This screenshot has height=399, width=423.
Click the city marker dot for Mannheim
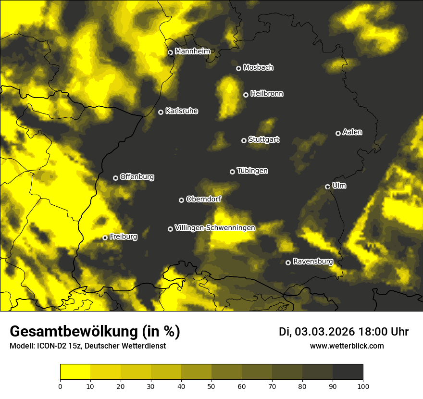170,53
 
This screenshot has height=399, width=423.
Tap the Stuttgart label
263,140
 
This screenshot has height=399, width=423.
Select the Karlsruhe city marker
161,112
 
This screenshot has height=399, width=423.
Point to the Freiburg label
123,237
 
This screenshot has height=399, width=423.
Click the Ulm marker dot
327,187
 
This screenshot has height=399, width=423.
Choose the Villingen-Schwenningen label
215,228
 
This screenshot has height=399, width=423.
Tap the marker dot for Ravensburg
288,262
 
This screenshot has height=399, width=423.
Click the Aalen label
352,132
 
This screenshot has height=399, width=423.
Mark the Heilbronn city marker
246,95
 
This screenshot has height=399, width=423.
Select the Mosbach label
258,68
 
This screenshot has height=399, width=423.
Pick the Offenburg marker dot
115,178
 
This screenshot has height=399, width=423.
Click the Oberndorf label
203,199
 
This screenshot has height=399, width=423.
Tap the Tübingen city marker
232,172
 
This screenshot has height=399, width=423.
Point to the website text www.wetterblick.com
347,346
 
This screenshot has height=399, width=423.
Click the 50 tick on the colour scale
211,386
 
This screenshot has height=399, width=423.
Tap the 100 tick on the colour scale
363,386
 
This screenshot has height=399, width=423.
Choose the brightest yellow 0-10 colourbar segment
75,372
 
